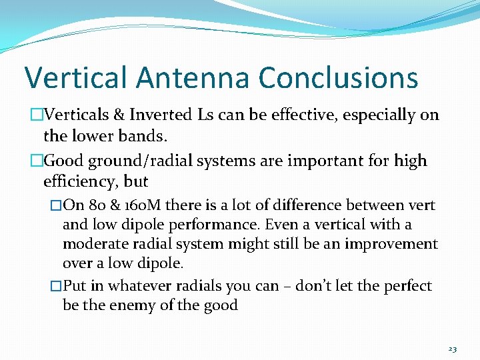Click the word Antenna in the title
pyautogui.click(x=194, y=78)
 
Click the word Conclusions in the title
pyautogui.click(x=338, y=78)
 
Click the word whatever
pyautogui.click(x=137, y=286)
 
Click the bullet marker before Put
pyautogui.click(x=56, y=286)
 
